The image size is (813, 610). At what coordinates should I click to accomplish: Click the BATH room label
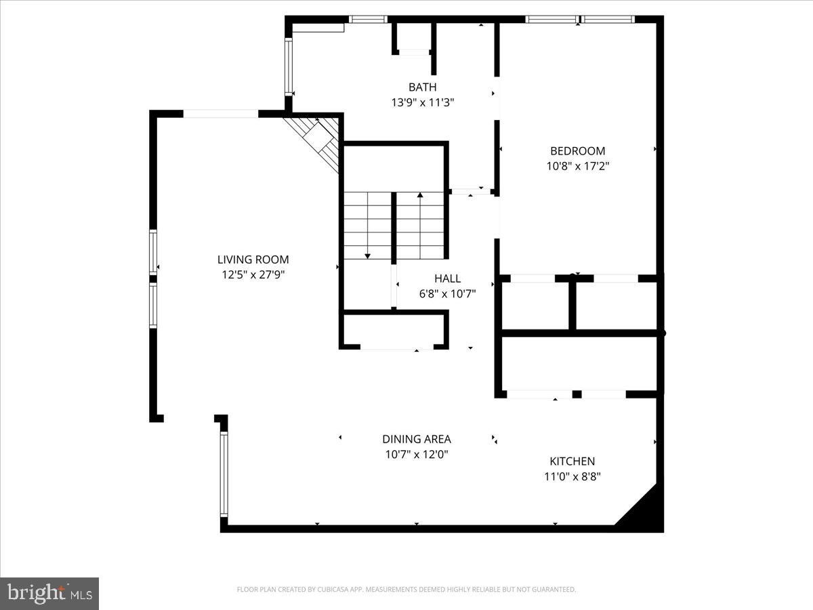(422, 87)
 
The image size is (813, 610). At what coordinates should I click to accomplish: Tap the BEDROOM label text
(577, 150)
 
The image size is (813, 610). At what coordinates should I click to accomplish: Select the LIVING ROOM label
(253, 260)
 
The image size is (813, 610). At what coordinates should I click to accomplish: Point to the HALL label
(447, 278)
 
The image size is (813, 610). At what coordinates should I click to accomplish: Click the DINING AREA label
(417, 439)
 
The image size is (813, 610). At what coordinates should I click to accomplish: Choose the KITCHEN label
(572, 461)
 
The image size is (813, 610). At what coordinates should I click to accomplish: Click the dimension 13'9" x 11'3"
(423, 102)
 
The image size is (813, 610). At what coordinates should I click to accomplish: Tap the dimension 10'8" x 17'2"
(578, 165)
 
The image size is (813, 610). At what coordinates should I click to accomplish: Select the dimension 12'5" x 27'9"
(253, 274)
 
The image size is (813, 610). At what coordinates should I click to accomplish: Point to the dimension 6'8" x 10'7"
(447, 293)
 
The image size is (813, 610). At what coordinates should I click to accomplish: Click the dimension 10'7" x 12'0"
(417, 454)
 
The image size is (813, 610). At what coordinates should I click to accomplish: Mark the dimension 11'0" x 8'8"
(572, 476)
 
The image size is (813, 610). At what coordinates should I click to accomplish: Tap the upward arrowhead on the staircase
(420, 195)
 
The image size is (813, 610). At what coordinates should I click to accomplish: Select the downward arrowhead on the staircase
(367, 256)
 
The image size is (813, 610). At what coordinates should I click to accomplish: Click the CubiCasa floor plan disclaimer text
(406, 589)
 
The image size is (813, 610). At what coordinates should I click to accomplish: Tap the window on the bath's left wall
(289, 66)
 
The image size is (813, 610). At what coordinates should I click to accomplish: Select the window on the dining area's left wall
(224, 474)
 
